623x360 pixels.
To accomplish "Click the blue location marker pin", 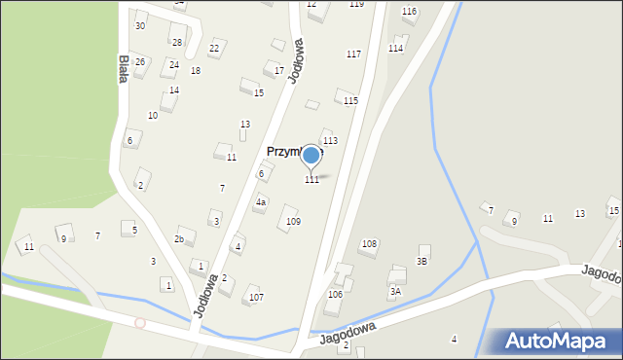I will pyautogui.click(x=311, y=156).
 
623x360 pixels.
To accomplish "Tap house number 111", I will pyautogui.click(x=311, y=180).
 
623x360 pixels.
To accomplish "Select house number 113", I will pyautogui.click(x=330, y=141).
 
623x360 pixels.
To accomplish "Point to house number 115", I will pyautogui.click(x=350, y=101).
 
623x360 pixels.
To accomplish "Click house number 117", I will pyautogui.click(x=353, y=54).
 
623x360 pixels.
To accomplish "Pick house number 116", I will pyautogui.click(x=409, y=11).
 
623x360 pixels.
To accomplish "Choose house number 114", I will pyautogui.click(x=395, y=48).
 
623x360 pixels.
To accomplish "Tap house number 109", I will pyautogui.click(x=293, y=222).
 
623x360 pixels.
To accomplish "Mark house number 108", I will pyautogui.click(x=369, y=243).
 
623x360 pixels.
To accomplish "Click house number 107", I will pyautogui.click(x=256, y=297).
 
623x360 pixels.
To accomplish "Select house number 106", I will pyautogui.click(x=335, y=294).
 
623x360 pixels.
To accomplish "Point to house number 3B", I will pyautogui.click(x=422, y=261).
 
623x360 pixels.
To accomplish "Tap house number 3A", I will pyautogui.click(x=395, y=291).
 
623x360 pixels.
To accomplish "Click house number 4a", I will pyautogui.click(x=261, y=202).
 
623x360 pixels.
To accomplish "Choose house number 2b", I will pyautogui.click(x=179, y=238).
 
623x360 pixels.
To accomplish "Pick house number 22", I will pyautogui.click(x=214, y=49).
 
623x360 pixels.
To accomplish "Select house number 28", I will pyautogui.click(x=176, y=42).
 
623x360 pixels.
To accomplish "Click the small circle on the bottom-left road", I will pyautogui.click(x=140, y=322).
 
